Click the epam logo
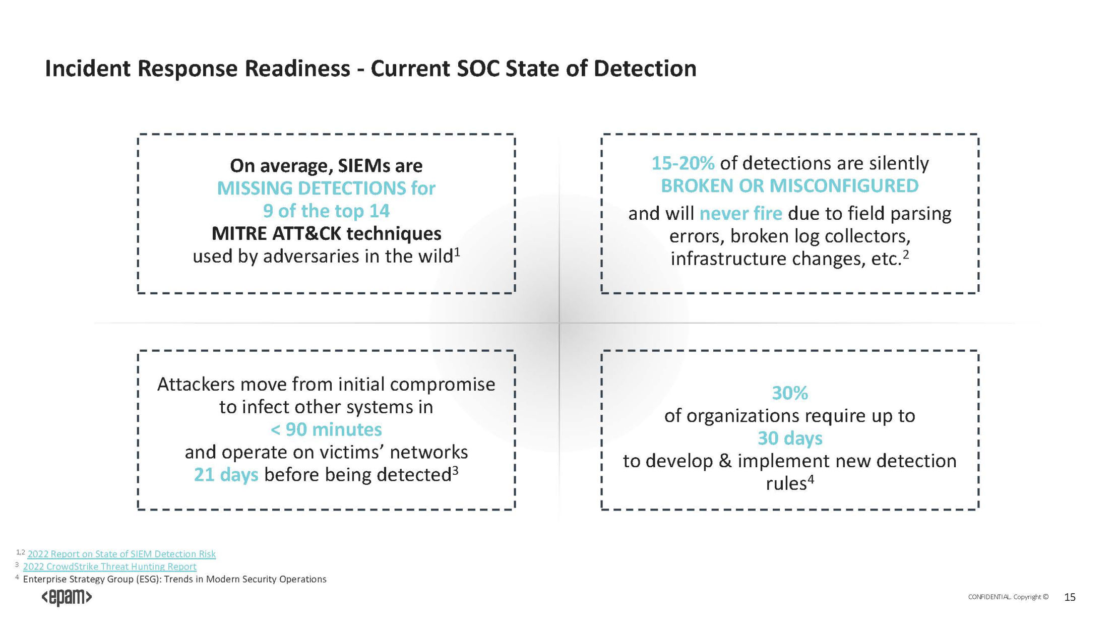click(x=67, y=597)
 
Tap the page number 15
click(x=1070, y=597)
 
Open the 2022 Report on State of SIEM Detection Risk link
click(x=121, y=554)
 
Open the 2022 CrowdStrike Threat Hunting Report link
click(x=109, y=567)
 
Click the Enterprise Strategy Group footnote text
click(x=174, y=579)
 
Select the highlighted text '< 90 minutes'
click(x=326, y=429)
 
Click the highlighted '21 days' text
click(x=226, y=475)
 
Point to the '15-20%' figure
click(x=683, y=163)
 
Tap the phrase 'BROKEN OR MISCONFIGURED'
click(x=790, y=186)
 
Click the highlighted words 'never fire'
click(x=741, y=214)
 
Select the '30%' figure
click(x=790, y=393)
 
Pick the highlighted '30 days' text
click(x=790, y=438)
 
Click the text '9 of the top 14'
click(x=326, y=211)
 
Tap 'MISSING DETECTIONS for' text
click(x=326, y=189)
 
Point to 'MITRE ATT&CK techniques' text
click(x=326, y=234)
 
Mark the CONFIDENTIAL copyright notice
click(x=1008, y=597)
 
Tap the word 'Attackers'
click(x=196, y=385)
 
